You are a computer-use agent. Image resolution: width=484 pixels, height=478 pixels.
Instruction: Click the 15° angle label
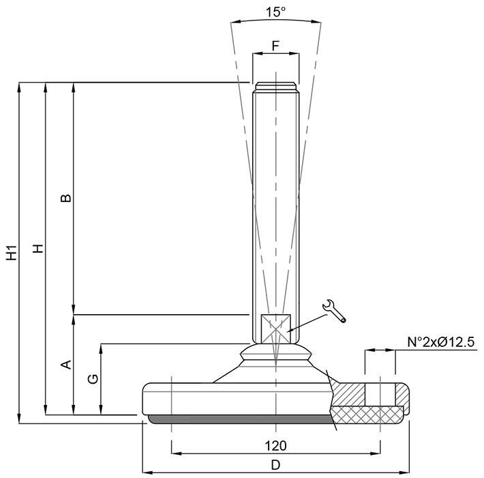[x=275, y=12]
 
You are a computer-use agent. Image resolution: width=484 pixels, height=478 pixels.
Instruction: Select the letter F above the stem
[x=275, y=46]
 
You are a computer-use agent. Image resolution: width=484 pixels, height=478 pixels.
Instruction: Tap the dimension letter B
[x=65, y=198]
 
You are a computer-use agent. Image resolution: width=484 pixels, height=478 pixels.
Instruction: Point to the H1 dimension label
[x=12, y=253]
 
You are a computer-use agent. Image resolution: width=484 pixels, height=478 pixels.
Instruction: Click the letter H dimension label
[x=38, y=249]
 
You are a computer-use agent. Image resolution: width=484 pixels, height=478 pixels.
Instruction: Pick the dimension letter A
[x=65, y=364]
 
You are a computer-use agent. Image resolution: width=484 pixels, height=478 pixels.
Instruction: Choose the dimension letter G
[x=93, y=379]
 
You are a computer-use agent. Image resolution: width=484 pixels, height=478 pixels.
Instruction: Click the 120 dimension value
[x=275, y=445]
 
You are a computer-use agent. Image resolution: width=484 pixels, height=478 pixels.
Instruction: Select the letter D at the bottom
[x=275, y=465]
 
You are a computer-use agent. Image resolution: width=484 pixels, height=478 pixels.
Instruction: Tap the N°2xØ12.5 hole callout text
[x=440, y=342]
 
